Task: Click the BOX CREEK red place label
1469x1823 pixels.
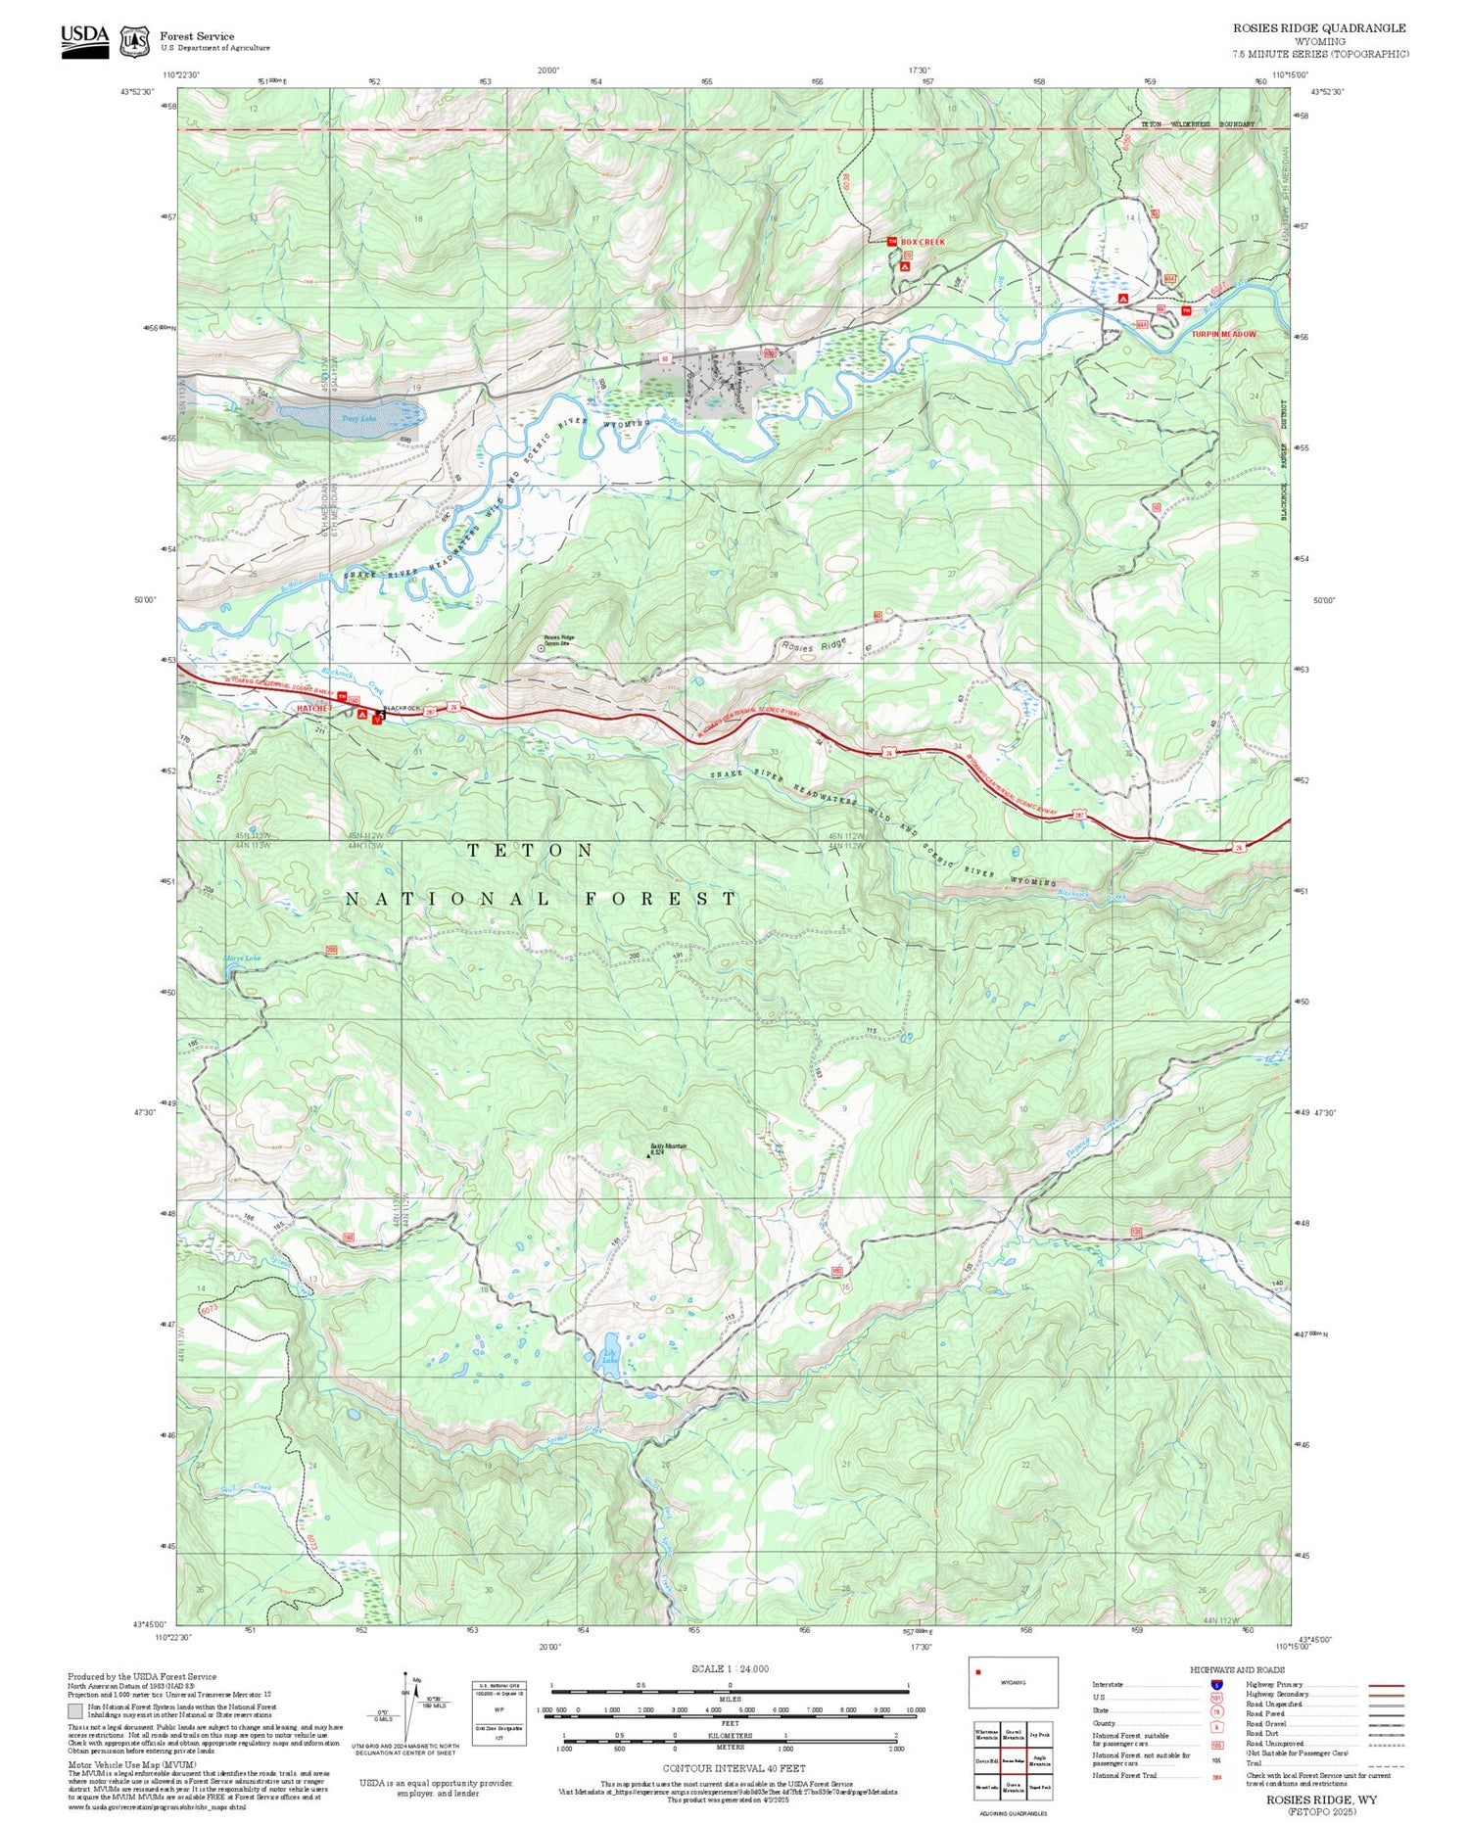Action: point(923,241)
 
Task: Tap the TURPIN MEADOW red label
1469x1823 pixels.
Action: point(1223,334)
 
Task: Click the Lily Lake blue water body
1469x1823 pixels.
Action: point(609,1354)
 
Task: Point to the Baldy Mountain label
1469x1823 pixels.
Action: point(669,1146)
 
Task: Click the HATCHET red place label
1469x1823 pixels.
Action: point(315,707)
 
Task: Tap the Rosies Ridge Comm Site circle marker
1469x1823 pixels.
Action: point(542,647)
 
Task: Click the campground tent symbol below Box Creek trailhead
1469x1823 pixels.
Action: point(904,266)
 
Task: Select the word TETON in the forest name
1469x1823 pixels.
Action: point(530,851)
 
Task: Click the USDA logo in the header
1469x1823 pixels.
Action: point(85,40)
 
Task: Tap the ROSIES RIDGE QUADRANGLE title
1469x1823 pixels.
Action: point(1318,28)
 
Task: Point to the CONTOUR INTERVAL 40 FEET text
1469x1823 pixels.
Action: point(734,1768)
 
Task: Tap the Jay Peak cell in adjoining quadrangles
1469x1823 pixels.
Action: point(1040,1734)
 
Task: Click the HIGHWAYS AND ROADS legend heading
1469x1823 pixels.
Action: point(1237,1669)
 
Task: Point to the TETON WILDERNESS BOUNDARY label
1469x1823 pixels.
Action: point(1197,124)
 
